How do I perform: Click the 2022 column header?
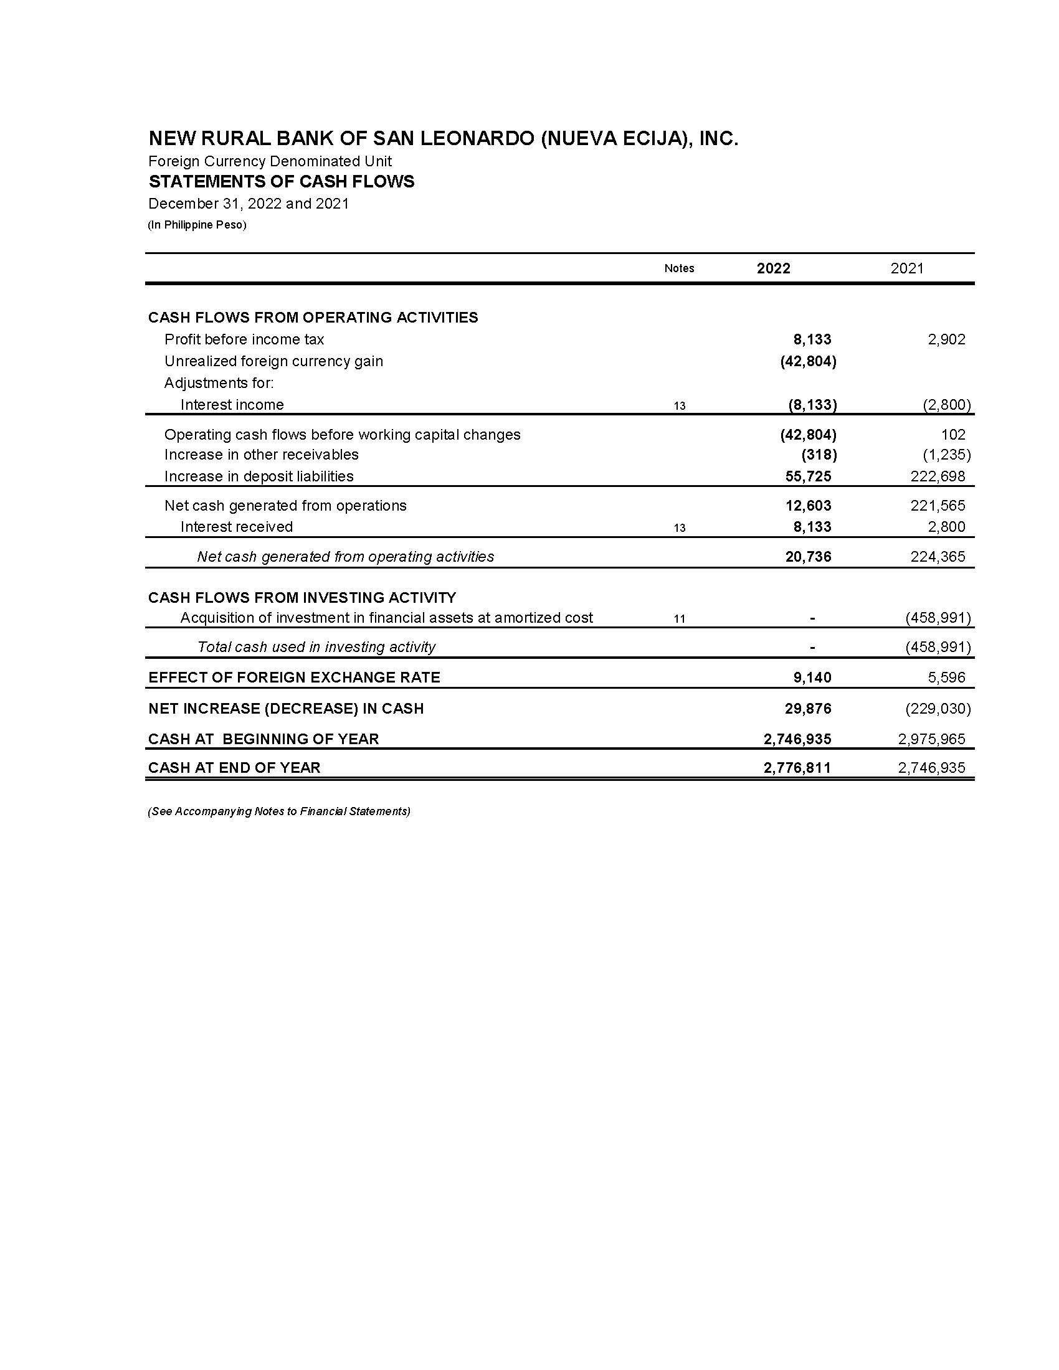[x=773, y=268]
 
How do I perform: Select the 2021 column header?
[x=906, y=268]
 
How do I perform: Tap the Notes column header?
[x=679, y=268]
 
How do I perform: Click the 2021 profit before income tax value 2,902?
[x=946, y=339]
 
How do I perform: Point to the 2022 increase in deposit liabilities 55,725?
[x=808, y=476]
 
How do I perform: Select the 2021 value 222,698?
[x=938, y=476]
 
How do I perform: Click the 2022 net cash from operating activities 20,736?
[x=808, y=556]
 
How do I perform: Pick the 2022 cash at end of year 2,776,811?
[x=797, y=767]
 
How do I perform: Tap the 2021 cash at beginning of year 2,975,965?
[x=931, y=739]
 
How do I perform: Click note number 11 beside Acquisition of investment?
[x=679, y=619]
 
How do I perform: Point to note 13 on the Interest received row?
[x=679, y=528]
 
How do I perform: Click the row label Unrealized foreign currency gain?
[x=273, y=361]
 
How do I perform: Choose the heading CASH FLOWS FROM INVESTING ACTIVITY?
[x=302, y=597]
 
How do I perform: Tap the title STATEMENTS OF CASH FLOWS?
[x=281, y=182]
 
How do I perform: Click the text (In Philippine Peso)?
[x=197, y=225]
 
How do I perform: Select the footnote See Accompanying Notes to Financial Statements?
[x=279, y=811]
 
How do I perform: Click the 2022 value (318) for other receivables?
[x=819, y=455]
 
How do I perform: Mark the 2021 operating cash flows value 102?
[x=953, y=435]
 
